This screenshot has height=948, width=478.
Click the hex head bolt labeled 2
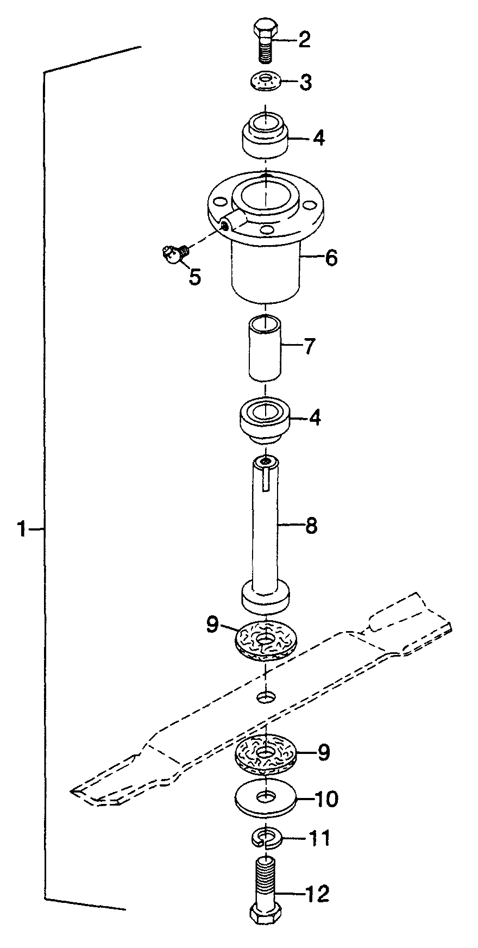point(265,41)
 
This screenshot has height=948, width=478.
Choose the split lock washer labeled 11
point(265,838)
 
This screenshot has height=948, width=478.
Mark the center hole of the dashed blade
point(266,696)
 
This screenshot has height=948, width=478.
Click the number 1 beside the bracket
point(21,528)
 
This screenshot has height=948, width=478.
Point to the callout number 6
point(331,257)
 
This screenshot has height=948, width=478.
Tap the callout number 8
point(311,526)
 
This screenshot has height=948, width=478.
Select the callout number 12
point(318,893)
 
